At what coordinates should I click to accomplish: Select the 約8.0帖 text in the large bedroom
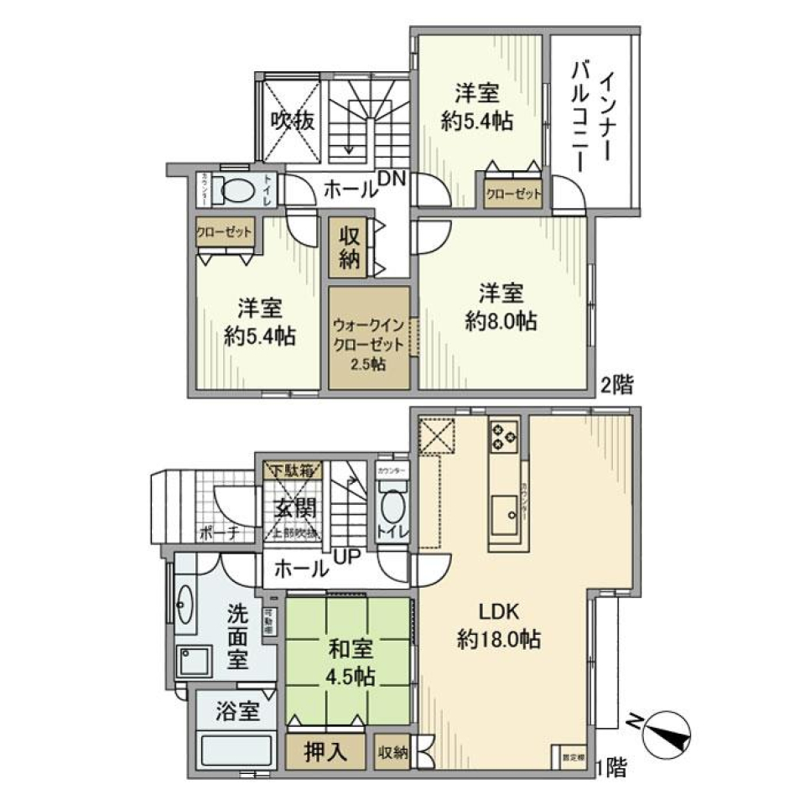tap(502, 322)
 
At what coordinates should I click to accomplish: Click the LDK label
tap(498, 610)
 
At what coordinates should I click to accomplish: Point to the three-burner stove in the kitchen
tap(504, 434)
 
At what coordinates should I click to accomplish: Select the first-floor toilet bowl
tap(392, 508)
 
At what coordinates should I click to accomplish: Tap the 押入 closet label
tap(325, 752)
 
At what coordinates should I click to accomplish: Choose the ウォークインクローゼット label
tap(369, 335)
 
